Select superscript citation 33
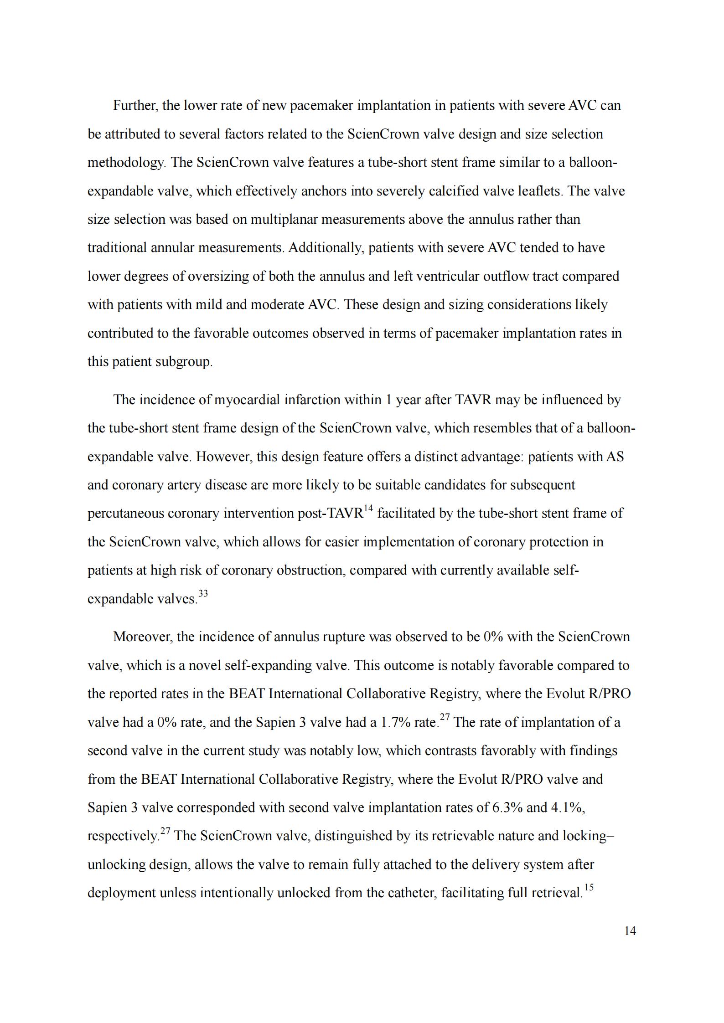point(203,593)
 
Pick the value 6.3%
point(507,807)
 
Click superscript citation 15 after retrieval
point(589,887)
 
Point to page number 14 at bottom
point(630,931)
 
